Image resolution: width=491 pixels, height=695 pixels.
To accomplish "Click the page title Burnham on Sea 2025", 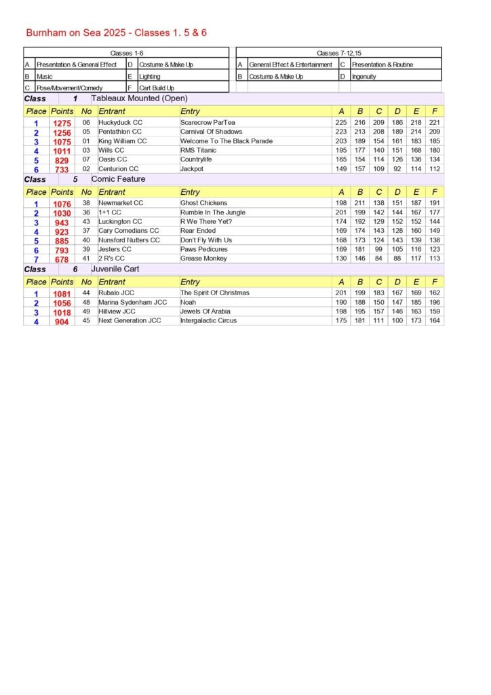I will [116, 33].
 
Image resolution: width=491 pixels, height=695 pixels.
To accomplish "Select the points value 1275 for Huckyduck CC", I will [62, 124].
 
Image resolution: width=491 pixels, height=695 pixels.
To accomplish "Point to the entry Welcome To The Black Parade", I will [227, 141].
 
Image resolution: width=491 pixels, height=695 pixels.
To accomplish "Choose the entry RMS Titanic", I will [199, 150].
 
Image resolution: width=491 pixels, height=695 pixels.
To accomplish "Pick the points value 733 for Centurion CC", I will [62, 170].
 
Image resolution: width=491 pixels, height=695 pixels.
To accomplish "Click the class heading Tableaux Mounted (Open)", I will [139, 98].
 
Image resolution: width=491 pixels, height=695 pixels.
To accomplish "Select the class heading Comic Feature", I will [118, 179].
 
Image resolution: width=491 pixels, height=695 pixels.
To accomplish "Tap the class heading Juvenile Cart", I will [116, 269].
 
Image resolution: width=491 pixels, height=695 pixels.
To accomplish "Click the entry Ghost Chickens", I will [203, 203].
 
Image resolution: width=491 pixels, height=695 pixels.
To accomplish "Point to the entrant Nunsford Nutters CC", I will [129, 240].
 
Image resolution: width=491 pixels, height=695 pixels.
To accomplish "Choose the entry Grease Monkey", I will [202, 259].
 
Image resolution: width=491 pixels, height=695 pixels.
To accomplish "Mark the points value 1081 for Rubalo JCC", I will [62, 294].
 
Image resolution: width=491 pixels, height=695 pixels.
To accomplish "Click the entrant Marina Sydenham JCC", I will [132, 302].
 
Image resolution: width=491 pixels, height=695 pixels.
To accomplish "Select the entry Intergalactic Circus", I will [208, 320].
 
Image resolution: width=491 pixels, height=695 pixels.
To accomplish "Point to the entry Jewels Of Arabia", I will [205, 312].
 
